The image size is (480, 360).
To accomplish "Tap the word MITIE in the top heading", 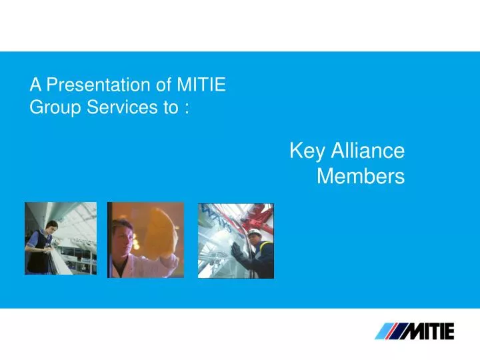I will [201, 85].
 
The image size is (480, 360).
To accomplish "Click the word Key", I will [307, 151].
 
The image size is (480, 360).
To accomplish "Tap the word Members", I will [361, 176].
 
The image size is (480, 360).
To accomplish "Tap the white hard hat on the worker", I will [255, 233].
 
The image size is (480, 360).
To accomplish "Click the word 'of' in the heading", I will [163, 85].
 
